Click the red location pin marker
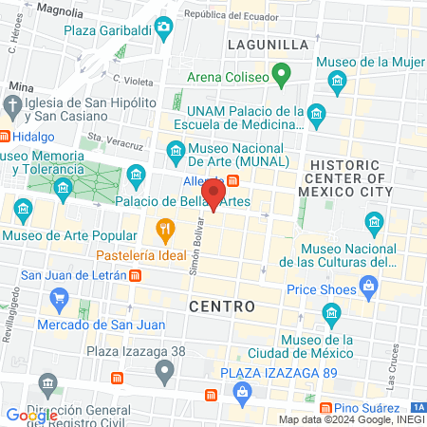point(213,194)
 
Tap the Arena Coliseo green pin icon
point(281,72)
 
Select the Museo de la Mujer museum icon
point(338,84)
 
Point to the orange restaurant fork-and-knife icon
point(165,229)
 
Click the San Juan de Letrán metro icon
point(136,276)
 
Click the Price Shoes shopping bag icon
point(370,285)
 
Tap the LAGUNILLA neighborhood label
point(269,45)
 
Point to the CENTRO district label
point(222,306)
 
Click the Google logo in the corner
point(31,415)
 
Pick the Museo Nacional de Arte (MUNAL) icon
point(175,152)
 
